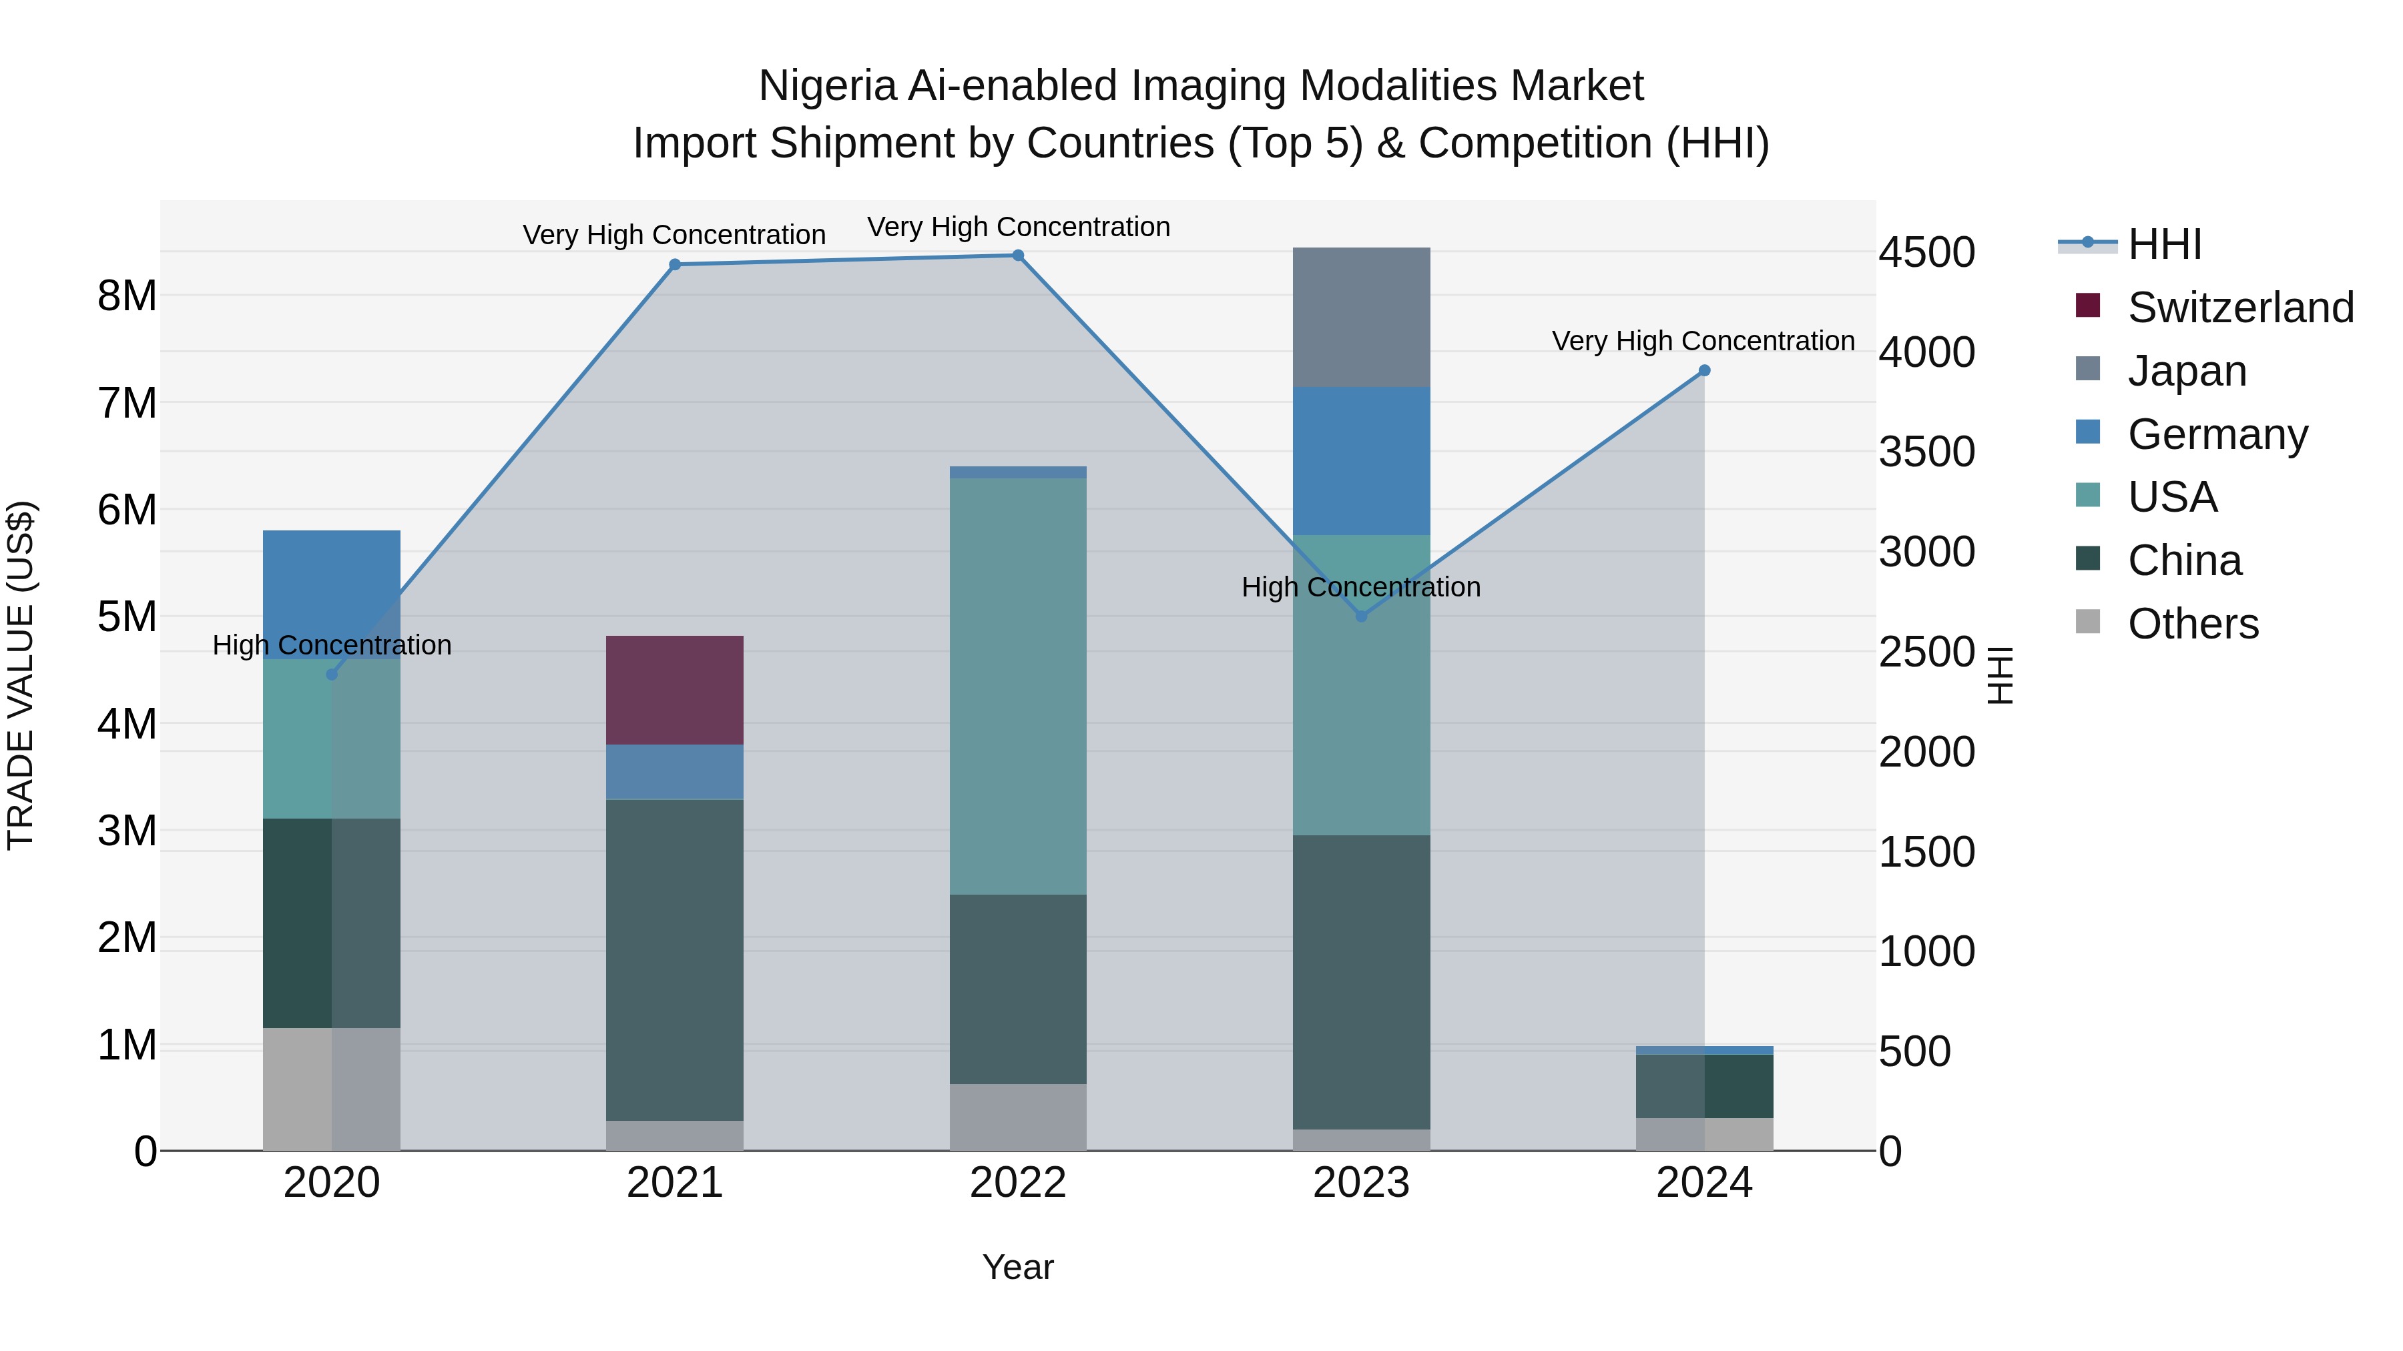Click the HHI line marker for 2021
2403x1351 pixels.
click(x=674, y=265)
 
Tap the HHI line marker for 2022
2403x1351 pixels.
click(x=1018, y=256)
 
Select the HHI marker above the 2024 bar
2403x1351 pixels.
click(x=1704, y=371)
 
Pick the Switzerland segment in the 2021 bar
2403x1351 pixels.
click(x=674, y=690)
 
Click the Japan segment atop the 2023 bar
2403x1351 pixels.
click(x=1361, y=317)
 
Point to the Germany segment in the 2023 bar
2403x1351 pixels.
click(x=1361, y=460)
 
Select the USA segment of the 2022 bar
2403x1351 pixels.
click(x=1018, y=687)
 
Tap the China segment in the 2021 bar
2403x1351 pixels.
click(x=674, y=960)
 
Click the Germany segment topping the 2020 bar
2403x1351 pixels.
click(x=331, y=594)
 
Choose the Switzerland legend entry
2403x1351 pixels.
click(x=2239, y=308)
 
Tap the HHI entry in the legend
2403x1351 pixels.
click(x=2164, y=244)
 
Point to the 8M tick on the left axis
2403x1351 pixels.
click(x=127, y=296)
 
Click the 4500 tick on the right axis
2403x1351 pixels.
click(x=1926, y=253)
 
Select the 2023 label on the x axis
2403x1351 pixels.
click(x=1361, y=1183)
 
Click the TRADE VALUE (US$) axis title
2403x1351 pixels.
click(x=21, y=675)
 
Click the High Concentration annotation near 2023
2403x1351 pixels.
click(x=1361, y=587)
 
